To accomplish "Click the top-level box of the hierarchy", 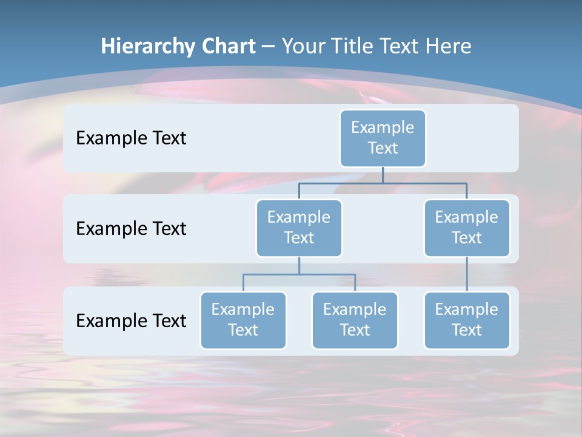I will (383, 138).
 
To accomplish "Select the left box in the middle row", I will (299, 228).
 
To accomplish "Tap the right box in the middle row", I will (467, 228).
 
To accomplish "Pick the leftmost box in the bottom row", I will (243, 320).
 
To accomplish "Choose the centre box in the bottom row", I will (355, 320).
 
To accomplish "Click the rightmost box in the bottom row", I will (467, 320).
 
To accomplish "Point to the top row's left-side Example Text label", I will (131, 138).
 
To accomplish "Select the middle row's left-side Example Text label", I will (131, 229).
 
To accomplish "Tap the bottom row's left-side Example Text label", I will (131, 320).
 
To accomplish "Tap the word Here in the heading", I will (449, 46).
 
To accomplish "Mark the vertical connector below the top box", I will (383, 175).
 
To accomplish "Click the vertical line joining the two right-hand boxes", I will (467, 274).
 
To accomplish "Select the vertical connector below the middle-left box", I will (299, 266).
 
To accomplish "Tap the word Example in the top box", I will (383, 127).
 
